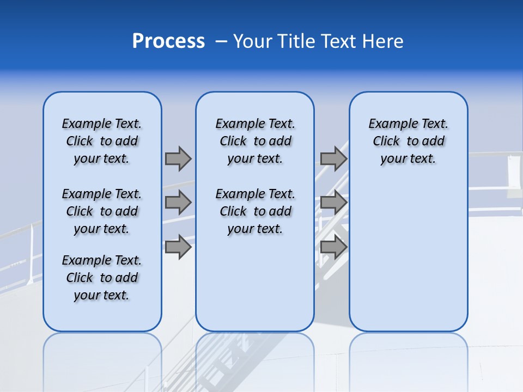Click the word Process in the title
(x=168, y=41)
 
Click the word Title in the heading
(x=294, y=41)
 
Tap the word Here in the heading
(x=383, y=41)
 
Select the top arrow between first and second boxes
(x=178, y=158)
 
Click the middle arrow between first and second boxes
(x=178, y=203)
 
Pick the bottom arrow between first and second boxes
(x=178, y=247)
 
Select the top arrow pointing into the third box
(x=333, y=158)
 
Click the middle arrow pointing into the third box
(x=333, y=203)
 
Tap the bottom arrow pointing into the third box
(x=333, y=247)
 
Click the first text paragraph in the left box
(x=102, y=141)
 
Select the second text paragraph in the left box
(x=102, y=211)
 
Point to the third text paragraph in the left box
(x=102, y=278)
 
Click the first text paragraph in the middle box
(x=256, y=141)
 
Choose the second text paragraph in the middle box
(x=256, y=211)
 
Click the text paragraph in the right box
(x=409, y=141)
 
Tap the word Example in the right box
(x=389, y=124)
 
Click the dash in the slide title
(x=221, y=41)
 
